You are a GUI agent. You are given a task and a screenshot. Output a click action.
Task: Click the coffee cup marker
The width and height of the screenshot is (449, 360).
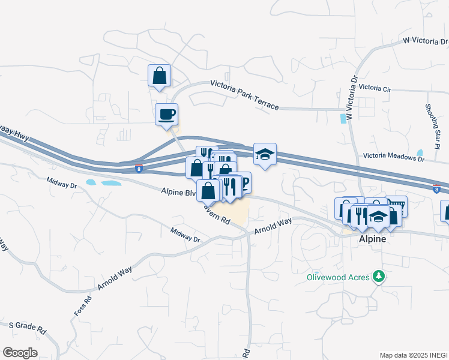coord(166,113)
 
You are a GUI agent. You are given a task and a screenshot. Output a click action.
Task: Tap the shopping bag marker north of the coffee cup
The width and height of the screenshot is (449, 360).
coord(159,76)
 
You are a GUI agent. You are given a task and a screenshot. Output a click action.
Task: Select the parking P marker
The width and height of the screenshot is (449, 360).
coord(243,182)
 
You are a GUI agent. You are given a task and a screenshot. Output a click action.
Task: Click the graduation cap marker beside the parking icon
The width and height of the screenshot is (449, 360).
coord(265,154)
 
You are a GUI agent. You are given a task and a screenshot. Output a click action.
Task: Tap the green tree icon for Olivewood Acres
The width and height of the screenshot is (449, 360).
coord(379,276)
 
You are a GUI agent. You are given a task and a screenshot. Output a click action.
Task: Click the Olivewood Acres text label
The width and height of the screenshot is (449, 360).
coord(337,277)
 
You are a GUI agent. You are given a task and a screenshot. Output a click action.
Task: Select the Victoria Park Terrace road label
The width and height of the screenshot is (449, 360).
coord(244,95)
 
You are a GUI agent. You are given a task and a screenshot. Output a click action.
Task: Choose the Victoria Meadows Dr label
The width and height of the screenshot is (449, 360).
coord(393,158)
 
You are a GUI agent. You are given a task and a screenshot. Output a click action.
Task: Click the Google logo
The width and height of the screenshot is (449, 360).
coord(20,352)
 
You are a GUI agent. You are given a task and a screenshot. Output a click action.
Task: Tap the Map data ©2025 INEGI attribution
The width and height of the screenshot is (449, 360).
coord(413,355)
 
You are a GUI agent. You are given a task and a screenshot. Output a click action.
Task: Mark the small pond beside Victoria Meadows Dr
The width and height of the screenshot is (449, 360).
coord(420,153)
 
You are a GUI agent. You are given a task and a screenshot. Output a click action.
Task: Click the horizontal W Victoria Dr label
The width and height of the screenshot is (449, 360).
coord(426,41)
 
